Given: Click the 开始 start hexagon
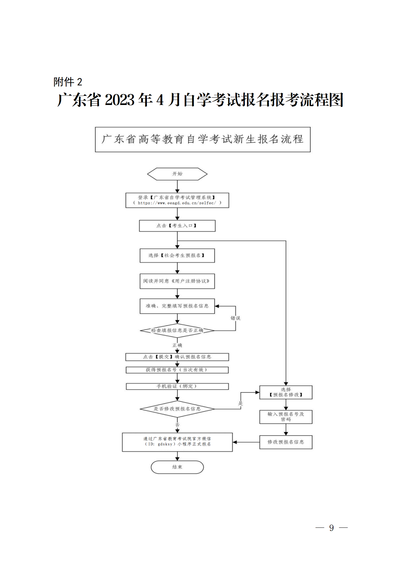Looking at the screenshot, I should [177, 174].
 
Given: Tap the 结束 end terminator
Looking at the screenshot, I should [177, 467].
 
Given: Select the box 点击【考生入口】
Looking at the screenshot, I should [177, 226].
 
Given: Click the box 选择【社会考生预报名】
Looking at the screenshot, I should [177, 256].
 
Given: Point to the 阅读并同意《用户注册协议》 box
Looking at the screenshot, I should [177, 281].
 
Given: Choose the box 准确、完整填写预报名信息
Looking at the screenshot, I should [177, 306].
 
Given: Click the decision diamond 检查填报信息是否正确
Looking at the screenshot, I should [177, 330].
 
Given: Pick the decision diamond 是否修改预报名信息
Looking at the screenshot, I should [177, 409].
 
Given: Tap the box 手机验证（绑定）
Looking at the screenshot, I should [177, 386].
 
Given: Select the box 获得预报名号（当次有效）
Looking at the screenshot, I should [177, 370].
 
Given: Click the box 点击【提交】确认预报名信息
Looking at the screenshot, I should [177, 357].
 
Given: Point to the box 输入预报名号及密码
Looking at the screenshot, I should [286, 417].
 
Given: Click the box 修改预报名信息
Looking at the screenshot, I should [286, 442].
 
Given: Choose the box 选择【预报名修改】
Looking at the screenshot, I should [286, 392].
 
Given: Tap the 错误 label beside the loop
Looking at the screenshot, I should [235, 318].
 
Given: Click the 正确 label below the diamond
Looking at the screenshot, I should [177, 345].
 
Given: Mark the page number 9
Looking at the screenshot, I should [331, 528].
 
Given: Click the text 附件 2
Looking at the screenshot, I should [68, 82].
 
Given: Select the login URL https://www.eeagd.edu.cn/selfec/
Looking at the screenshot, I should [177, 203].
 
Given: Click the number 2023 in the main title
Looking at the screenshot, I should [120, 100].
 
